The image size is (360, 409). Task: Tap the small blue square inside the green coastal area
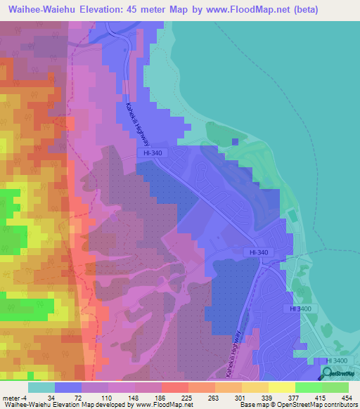[236, 143]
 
